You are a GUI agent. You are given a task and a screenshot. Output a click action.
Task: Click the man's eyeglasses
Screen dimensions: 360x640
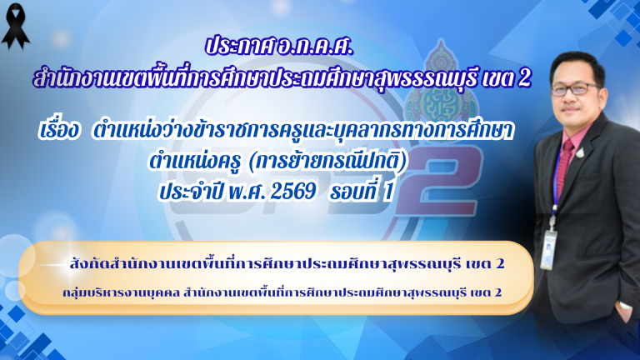pos(575,88)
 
